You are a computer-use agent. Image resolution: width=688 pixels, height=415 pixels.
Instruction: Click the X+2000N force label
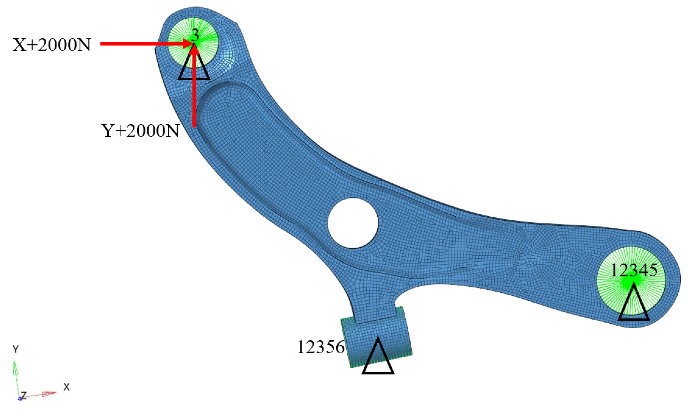pyautogui.click(x=52, y=45)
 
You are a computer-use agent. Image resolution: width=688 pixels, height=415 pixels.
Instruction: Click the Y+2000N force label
pyautogui.click(x=140, y=131)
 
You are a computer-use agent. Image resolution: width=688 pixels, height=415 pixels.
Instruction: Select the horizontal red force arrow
pyautogui.click(x=140, y=44)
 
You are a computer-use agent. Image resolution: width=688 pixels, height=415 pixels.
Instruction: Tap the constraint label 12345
pyautogui.click(x=633, y=270)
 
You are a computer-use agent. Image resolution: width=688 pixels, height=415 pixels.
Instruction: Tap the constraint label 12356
pyautogui.click(x=321, y=347)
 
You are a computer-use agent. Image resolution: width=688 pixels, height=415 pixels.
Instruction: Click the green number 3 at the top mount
pyautogui.click(x=195, y=36)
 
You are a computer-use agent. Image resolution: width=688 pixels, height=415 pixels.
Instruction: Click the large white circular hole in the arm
pyautogui.click(x=353, y=223)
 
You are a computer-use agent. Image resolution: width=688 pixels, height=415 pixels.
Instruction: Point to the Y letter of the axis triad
pyautogui.click(x=16, y=349)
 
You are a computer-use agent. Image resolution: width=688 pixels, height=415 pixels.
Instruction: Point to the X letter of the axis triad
pyautogui.click(x=66, y=387)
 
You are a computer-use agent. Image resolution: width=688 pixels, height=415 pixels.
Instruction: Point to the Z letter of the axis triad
pyautogui.click(x=24, y=395)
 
